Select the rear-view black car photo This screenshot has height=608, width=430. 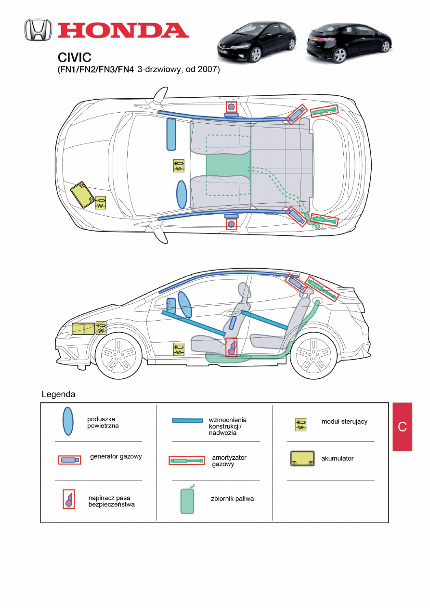tap(348, 42)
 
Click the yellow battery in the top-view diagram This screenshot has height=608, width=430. tap(82, 194)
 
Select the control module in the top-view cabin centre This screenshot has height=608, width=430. tap(179, 166)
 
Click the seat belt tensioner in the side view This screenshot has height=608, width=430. tap(232, 347)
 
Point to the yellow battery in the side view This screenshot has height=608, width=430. tap(83, 328)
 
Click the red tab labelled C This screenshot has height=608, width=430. tap(403, 427)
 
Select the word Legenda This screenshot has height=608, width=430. tap(59, 394)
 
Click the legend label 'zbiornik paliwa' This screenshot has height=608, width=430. tap(232, 499)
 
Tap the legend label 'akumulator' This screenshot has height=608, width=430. tap(337, 458)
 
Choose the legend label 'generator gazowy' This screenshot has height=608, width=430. tap(116, 456)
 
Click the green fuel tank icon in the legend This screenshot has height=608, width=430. tap(187, 501)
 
